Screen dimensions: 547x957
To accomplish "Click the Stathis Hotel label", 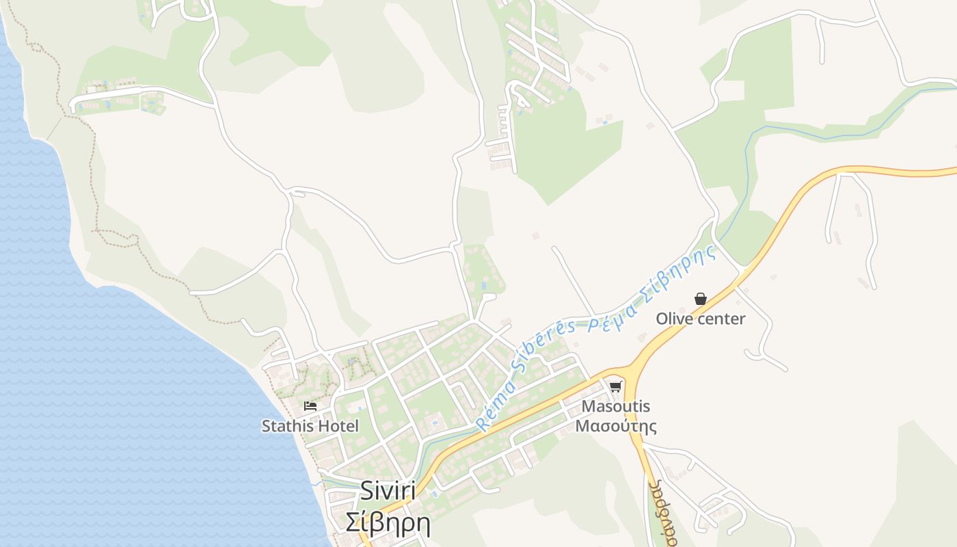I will [310, 426].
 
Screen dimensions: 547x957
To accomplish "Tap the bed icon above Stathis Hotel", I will [310, 406].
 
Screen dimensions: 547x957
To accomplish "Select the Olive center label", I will [700, 319].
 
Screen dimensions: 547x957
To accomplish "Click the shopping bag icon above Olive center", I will [700, 299].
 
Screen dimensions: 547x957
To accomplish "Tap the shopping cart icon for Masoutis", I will [616, 386].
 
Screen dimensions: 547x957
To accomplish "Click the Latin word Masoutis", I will [615, 406].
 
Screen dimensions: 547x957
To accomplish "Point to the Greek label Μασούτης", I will [615, 426].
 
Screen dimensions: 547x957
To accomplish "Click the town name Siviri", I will [388, 491].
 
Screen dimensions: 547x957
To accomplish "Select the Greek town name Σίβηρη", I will [388, 523].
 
